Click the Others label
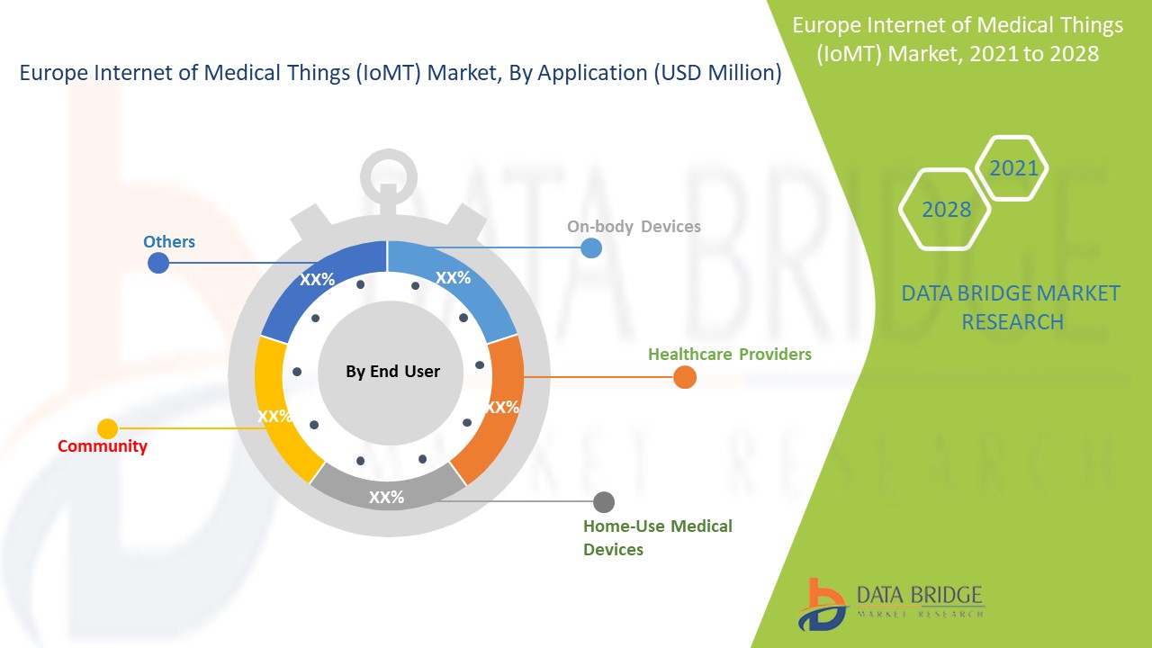coord(169,241)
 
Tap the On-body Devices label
coord(634,227)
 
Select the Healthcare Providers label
coord(729,354)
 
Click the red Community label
coord(102,446)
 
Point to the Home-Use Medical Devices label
coord(657,537)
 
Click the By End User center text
coord(392,372)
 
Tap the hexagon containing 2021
coord(1012,168)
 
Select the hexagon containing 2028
coord(945,209)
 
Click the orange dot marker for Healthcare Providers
coord(684,377)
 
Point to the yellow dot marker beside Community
coord(107,428)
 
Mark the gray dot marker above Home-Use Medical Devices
coord(604,501)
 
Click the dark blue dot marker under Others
coord(158,262)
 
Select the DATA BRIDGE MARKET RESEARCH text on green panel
coord(1012,307)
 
